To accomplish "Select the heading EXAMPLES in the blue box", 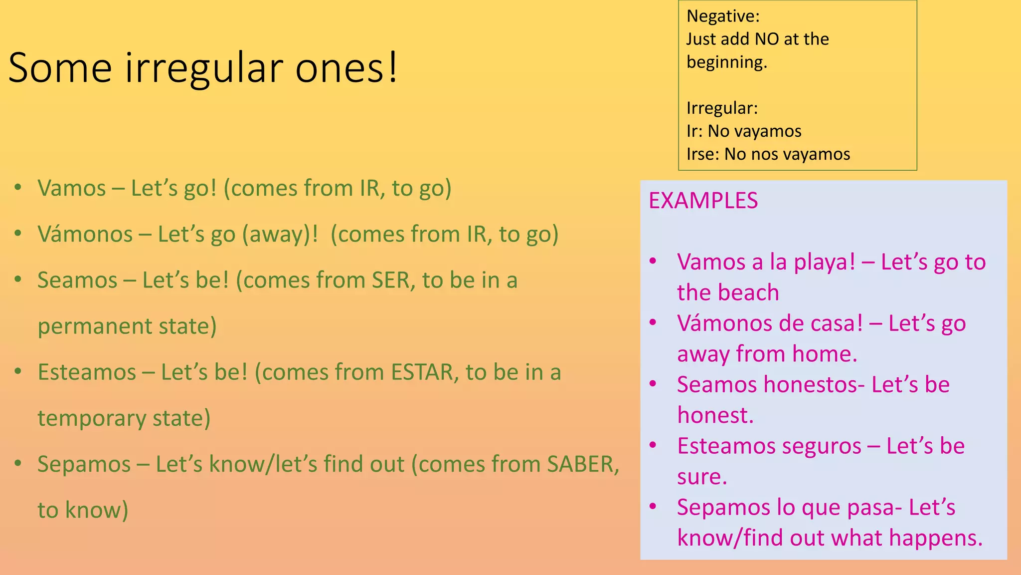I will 703,201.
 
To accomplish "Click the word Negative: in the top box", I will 723,16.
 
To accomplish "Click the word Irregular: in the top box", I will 722,108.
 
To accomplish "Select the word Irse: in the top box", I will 702,154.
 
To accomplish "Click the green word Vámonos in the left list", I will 85,234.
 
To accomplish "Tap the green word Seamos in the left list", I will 77,280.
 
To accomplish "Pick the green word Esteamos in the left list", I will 87,372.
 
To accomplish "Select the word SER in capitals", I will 390,280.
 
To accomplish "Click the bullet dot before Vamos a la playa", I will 653,261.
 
